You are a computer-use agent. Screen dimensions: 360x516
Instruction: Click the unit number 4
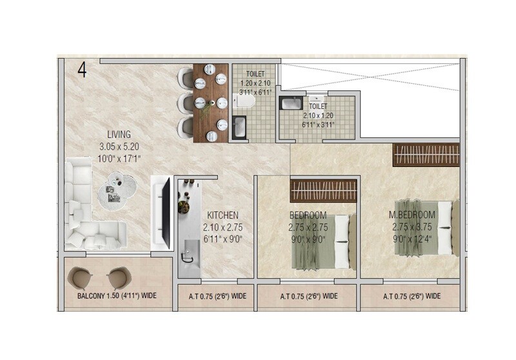(x=82, y=69)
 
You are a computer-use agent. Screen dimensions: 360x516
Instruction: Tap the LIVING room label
(x=119, y=134)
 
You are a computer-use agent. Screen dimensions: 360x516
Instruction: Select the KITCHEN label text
(x=223, y=215)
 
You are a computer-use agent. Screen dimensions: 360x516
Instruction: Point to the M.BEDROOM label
(x=413, y=215)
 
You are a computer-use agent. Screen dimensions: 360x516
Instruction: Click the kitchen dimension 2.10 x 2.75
(x=223, y=227)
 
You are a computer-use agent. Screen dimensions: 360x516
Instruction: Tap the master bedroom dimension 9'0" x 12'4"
(x=413, y=239)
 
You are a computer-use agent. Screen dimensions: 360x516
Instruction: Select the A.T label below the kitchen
(x=217, y=297)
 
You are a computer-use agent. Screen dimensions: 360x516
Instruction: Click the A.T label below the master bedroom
(x=412, y=297)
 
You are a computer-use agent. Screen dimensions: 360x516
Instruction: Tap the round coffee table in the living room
(x=120, y=189)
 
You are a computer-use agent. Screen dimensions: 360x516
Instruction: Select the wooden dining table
(x=210, y=103)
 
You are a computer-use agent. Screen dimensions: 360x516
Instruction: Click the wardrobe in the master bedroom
(x=426, y=155)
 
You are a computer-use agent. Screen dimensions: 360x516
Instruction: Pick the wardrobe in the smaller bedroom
(x=323, y=191)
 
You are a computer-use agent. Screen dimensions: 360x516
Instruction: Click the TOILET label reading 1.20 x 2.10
(x=255, y=83)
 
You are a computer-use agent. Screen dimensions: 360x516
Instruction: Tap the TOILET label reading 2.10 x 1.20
(x=318, y=115)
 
